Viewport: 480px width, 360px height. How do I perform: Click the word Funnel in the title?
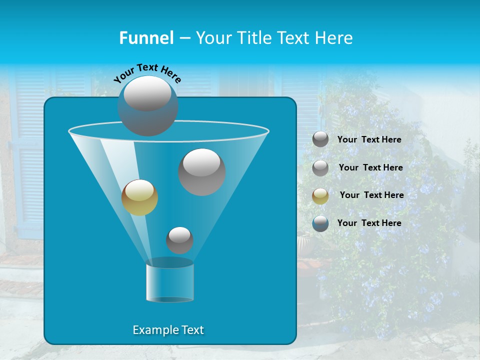click(146, 37)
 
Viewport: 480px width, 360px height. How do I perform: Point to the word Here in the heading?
click(333, 37)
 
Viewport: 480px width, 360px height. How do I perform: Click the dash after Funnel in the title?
click(184, 38)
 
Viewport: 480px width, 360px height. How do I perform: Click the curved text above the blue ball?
click(147, 72)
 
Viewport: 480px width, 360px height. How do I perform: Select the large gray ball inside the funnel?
click(202, 171)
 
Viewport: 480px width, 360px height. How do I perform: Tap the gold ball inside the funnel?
click(139, 197)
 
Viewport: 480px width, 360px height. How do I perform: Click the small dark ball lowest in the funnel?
click(179, 240)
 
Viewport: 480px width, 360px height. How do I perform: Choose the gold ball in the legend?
click(320, 196)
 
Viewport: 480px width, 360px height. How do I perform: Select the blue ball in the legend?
click(320, 223)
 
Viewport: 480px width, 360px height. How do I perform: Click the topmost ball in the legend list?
click(320, 139)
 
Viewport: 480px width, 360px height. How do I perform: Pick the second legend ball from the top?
click(320, 168)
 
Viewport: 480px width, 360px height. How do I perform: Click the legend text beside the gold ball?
click(371, 195)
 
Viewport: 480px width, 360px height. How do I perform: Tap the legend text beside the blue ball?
click(369, 223)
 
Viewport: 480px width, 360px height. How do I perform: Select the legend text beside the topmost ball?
click(369, 139)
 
